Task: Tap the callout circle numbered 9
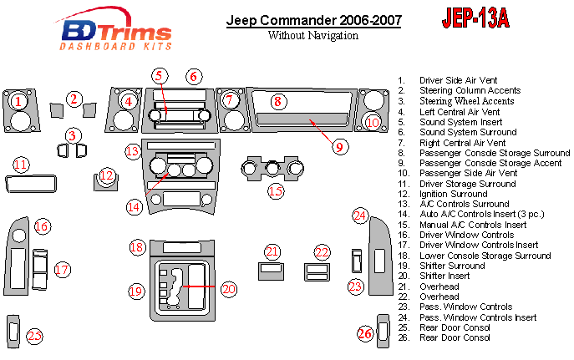tap(338, 146)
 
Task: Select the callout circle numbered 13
tap(133, 152)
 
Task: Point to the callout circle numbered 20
tap(228, 289)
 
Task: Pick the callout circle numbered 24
tap(359, 216)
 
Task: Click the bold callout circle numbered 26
tap(364, 334)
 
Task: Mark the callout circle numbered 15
tap(276, 191)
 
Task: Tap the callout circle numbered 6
tap(194, 77)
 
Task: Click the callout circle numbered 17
tap(62, 269)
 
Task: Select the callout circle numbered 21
tap(272, 251)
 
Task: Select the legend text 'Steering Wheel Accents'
tap(467, 101)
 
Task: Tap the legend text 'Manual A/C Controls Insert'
tap(473, 225)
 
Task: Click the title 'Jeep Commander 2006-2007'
tap(313, 20)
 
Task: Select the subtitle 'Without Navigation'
tap(312, 36)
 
